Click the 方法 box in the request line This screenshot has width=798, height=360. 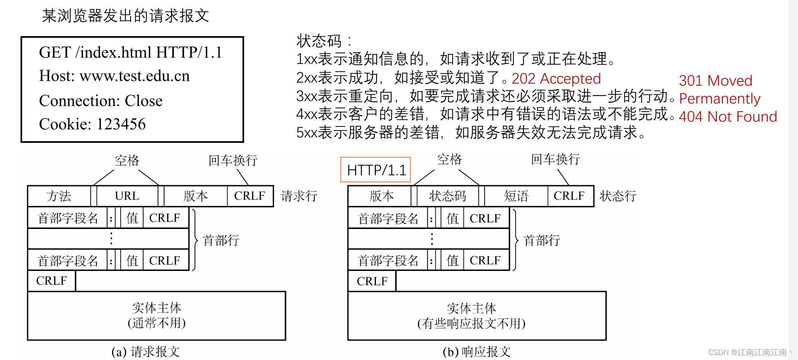coord(59,196)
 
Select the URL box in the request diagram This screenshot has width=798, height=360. coord(127,196)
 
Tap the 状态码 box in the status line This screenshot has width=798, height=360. coord(448,196)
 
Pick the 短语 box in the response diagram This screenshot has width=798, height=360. coord(516,196)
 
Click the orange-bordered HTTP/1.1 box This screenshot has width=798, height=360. coord(376,170)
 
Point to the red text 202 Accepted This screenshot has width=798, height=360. coord(556,78)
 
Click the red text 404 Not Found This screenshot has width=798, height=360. coord(728,117)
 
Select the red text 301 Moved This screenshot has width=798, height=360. coord(715,80)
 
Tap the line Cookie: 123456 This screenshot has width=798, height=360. coord(92,124)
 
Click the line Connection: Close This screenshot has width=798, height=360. coord(101,101)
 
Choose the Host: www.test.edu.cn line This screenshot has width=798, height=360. coord(114,76)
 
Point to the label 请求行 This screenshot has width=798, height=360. coord(299,196)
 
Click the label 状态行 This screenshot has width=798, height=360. coord(617,196)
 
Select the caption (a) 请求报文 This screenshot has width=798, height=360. coord(145,351)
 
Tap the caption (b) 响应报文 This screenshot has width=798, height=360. coord(476,351)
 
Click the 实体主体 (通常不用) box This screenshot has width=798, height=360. coord(156,315)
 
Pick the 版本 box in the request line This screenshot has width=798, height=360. coord(195,196)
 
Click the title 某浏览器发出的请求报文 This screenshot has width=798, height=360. coord(126,16)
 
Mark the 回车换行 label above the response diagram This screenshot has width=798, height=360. coord(555,159)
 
